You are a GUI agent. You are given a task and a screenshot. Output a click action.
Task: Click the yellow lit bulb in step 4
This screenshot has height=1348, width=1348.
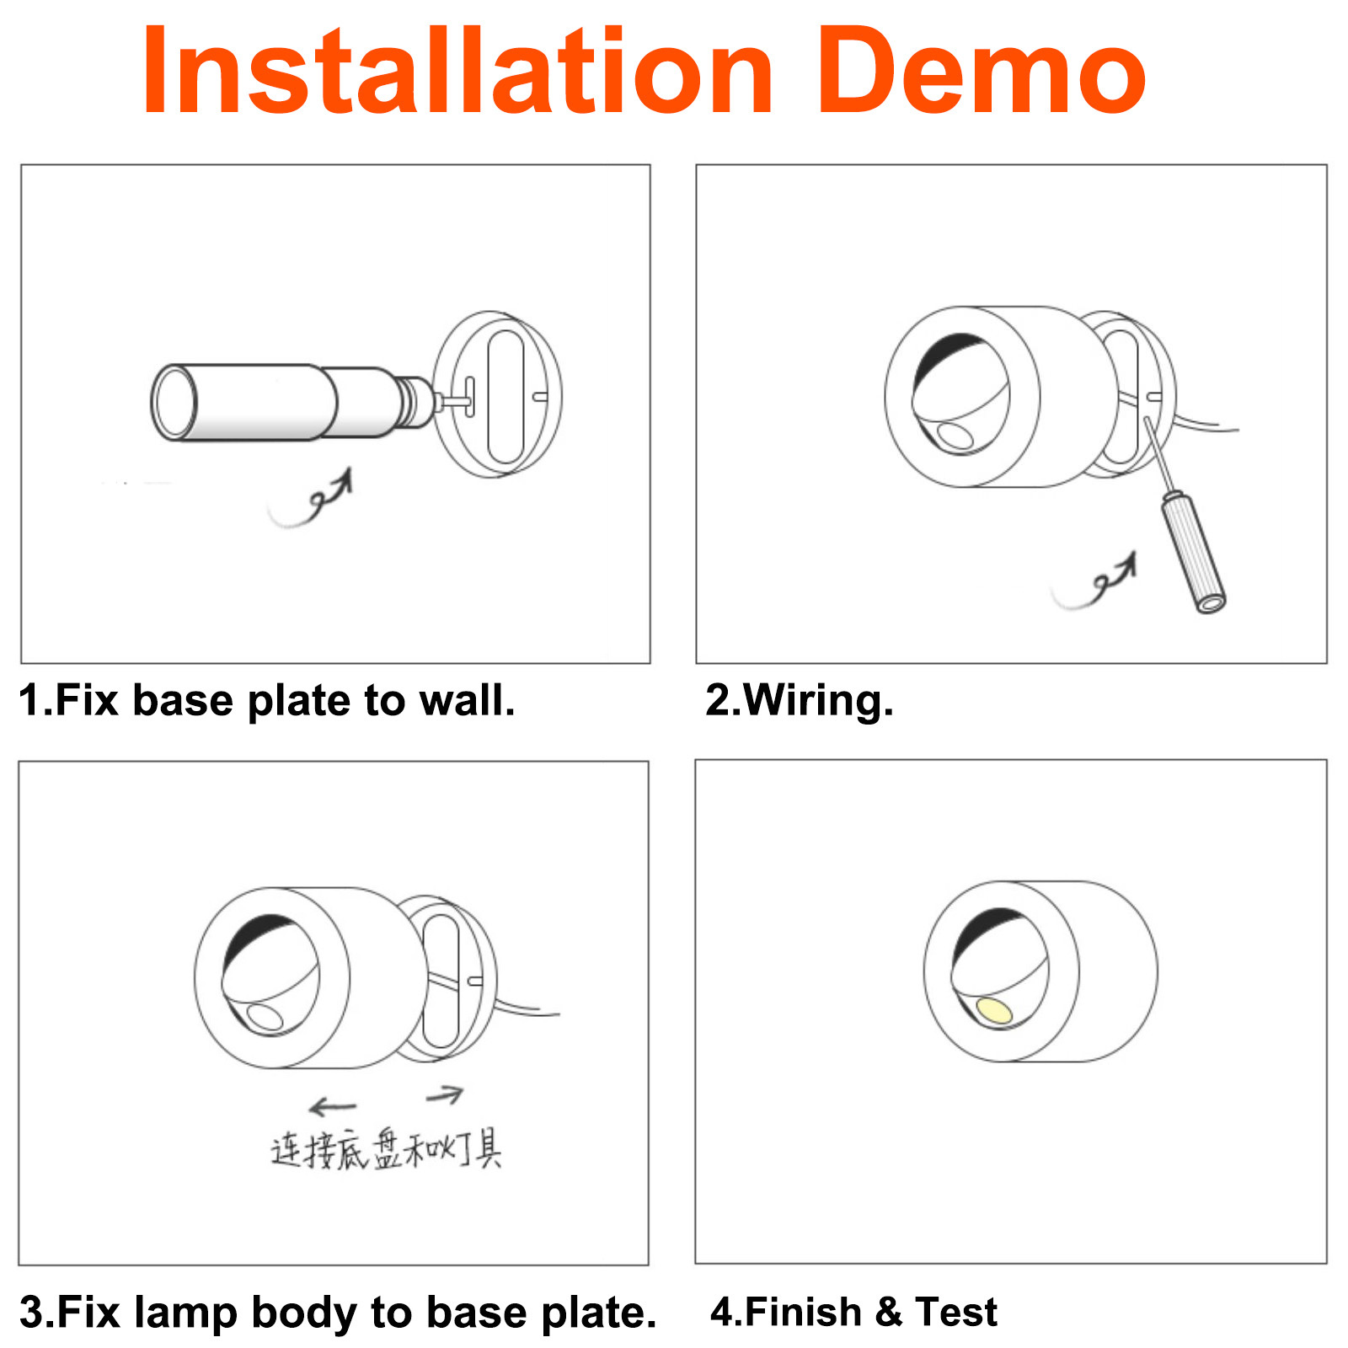[994, 1010]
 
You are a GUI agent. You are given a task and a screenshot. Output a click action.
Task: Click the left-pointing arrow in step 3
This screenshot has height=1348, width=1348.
[333, 1105]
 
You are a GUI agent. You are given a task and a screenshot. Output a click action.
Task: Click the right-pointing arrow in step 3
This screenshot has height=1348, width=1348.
[445, 1094]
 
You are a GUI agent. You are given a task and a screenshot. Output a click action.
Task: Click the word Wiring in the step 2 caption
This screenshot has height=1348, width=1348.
[817, 701]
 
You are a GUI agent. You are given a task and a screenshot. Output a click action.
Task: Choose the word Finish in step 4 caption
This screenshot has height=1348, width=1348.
[804, 1312]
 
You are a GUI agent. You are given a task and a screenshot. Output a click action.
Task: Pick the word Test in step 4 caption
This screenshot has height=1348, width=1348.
[956, 1312]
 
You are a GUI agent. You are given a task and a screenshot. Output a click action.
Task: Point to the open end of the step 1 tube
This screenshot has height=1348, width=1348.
[174, 402]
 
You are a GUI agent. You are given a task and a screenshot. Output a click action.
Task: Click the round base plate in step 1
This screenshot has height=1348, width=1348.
[497, 393]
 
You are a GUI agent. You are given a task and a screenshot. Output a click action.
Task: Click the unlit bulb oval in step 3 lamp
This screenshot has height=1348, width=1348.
[266, 1018]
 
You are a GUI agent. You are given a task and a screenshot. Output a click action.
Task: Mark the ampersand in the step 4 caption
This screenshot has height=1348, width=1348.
[889, 1312]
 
